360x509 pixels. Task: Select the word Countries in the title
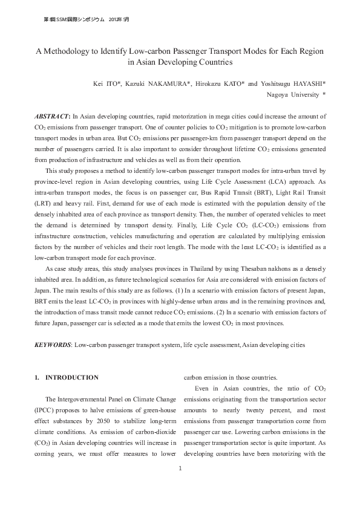point(215,62)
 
